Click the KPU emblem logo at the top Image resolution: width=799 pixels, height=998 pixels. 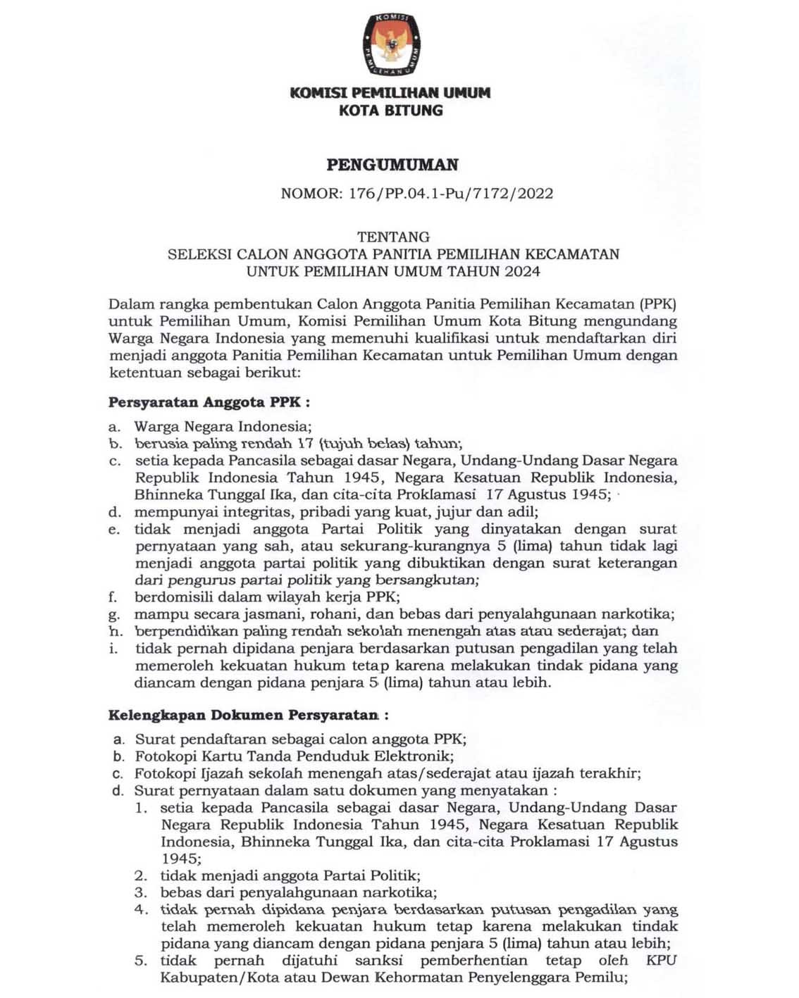click(390, 44)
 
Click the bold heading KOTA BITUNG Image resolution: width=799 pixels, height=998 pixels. click(390, 111)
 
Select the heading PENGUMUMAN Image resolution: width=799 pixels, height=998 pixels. click(392, 165)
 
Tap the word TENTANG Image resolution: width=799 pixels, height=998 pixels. click(393, 237)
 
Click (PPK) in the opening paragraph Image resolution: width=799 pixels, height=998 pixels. click(658, 305)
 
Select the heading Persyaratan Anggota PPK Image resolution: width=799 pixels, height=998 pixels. click(209, 403)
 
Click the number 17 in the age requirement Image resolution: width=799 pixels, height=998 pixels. click(304, 444)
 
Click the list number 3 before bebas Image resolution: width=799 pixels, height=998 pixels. click(141, 892)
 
